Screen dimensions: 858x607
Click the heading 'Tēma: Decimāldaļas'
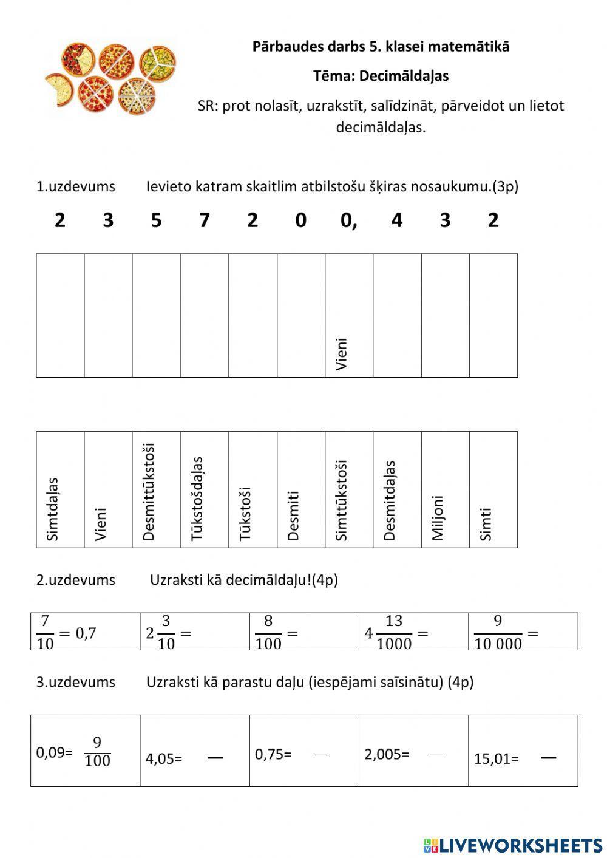(381, 76)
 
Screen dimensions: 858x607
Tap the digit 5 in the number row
(156, 220)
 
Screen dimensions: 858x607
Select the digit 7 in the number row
(205, 220)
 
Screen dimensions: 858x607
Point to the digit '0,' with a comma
(348, 220)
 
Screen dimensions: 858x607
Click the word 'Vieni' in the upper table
(342, 354)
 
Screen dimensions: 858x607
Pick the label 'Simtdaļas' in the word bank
(53, 509)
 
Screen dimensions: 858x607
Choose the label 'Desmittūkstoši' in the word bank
(149, 492)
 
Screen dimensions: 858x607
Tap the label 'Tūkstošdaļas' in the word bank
(197, 499)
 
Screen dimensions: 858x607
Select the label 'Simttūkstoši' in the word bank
(341, 500)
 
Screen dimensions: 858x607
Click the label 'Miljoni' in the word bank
(438, 517)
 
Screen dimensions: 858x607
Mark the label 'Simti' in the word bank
(486, 524)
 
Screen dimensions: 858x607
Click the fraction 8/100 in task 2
(268, 632)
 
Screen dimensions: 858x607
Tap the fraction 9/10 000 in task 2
(498, 632)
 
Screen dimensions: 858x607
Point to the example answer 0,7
(86, 633)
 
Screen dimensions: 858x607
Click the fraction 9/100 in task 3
(97, 752)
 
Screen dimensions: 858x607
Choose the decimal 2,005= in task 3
(387, 754)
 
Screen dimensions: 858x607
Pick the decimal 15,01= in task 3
(496, 758)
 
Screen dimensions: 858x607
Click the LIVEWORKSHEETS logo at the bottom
(513, 845)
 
